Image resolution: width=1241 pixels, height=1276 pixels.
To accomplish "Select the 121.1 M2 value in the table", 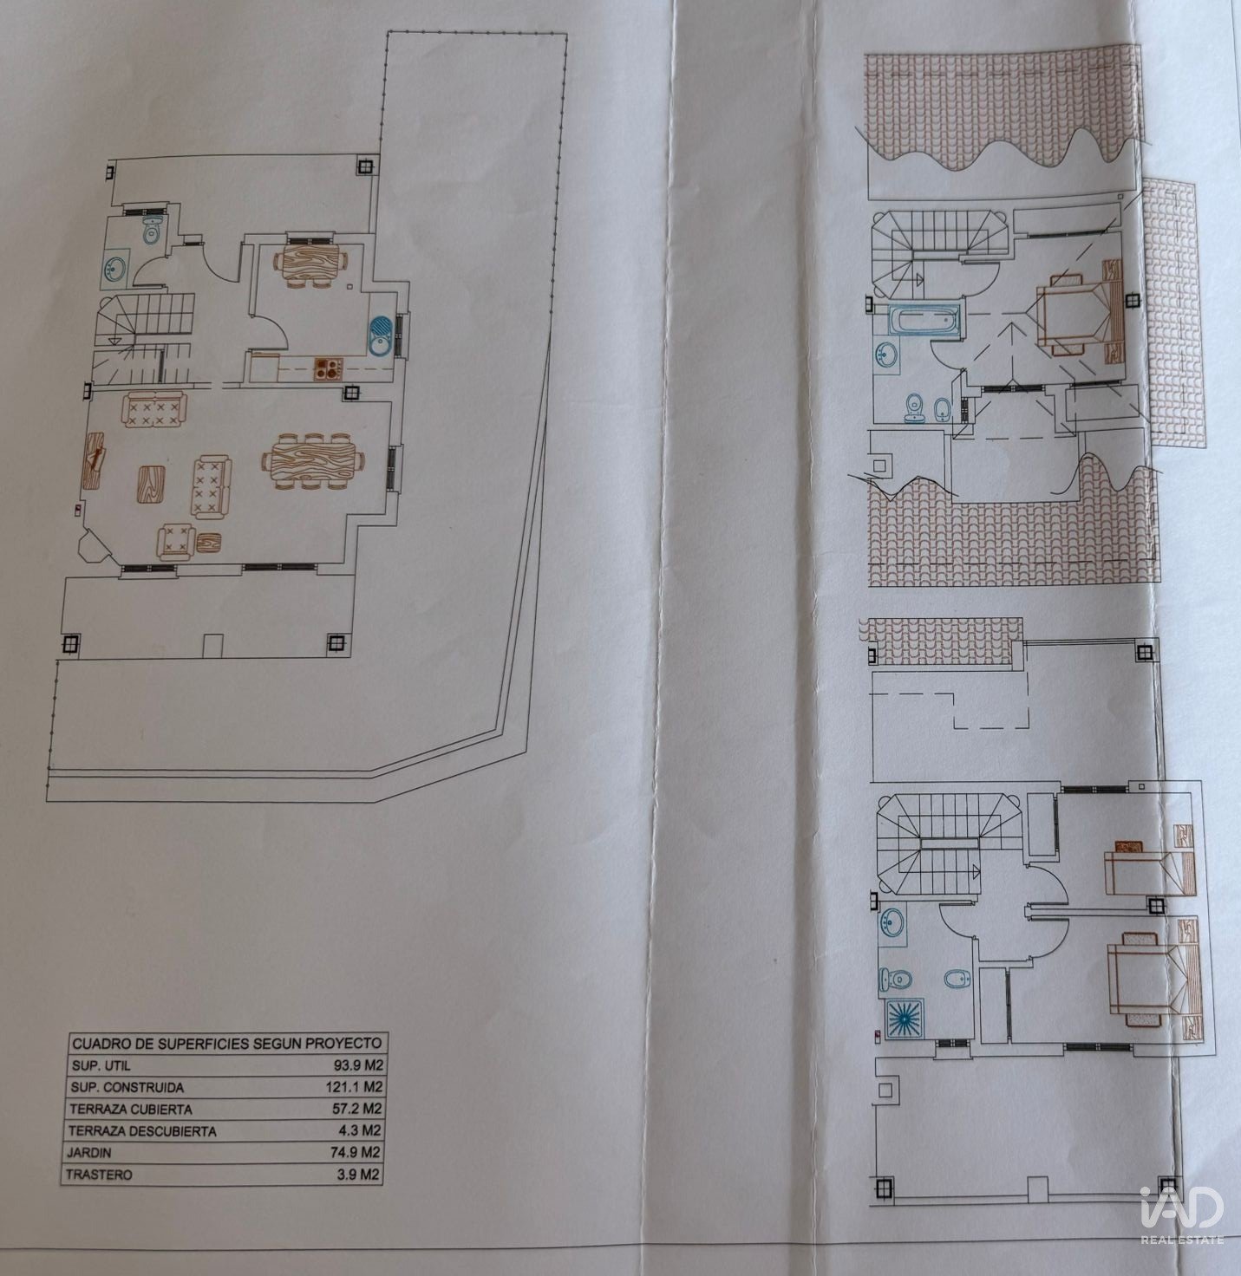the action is pos(354,1086).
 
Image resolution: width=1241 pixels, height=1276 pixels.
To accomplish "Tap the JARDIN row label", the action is pos(89,1152).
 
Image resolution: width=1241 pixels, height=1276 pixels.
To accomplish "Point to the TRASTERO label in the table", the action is pos(99,1175).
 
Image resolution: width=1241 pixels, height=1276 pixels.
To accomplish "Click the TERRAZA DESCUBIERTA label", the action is pos(141,1131).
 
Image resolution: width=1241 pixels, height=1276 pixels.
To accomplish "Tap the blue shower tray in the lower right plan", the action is pos(905,1019).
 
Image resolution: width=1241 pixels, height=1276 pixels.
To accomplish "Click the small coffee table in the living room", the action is pos(150,485).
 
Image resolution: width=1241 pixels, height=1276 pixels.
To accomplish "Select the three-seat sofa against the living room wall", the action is pos(154,410).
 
